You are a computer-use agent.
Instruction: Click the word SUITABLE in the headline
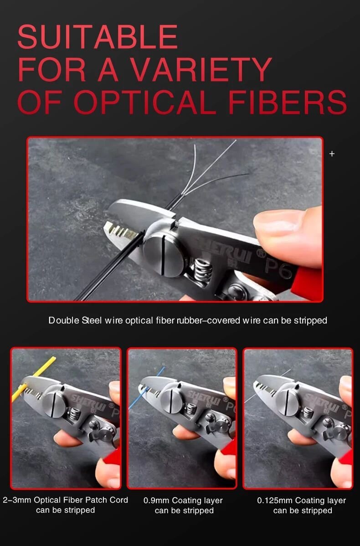pos(98,36)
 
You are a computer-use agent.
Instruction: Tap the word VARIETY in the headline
pos(201,69)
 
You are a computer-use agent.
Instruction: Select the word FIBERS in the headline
pos(287,102)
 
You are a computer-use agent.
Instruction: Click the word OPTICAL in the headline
pos(145,102)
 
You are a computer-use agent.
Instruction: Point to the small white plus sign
pos(332,154)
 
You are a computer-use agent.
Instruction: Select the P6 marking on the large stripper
pos(278,268)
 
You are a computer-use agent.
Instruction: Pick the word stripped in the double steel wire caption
pos(310,321)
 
